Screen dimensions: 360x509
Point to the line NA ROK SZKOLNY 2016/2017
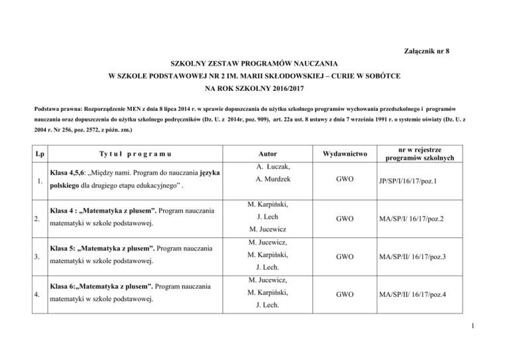[254, 88]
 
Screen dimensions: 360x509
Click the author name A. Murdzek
[268, 180]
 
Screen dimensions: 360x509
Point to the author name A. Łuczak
[268, 166]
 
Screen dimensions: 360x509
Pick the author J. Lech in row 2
[268, 216]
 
